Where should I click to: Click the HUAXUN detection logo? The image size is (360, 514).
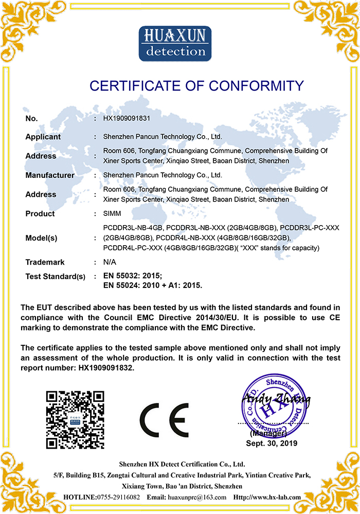tap(175, 44)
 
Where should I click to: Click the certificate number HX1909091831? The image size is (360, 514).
tap(127, 118)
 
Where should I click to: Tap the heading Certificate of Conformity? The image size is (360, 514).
tap(196, 85)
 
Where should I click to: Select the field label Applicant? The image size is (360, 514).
tap(43, 137)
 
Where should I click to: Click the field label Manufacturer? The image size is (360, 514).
tap(50, 175)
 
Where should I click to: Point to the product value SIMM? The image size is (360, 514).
tap(112, 214)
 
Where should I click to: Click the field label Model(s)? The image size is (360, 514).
tap(41, 238)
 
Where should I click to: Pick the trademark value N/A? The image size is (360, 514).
tap(109, 262)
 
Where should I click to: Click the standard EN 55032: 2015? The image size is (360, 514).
tap(133, 276)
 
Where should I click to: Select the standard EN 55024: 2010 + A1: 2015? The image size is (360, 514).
tap(153, 285)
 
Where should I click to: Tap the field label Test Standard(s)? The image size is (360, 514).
tap(55, 277)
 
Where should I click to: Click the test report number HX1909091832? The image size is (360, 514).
tap(107, 368)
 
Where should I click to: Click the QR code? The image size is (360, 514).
tap(75, 420)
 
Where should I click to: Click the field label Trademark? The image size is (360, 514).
tap(45, 262)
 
